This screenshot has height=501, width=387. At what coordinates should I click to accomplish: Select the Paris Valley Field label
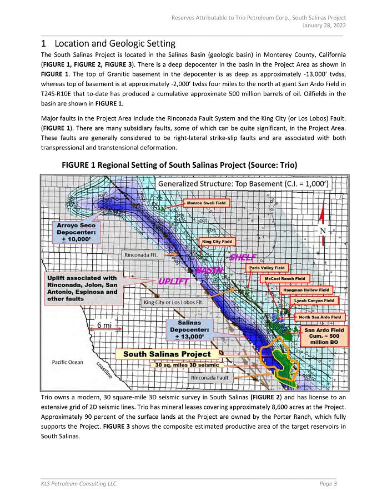click(x=267, y=268)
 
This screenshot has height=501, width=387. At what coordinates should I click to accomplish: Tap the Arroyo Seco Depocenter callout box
click(x=76, y=232)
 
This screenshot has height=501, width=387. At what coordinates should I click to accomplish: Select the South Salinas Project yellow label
click(x=167, y=354)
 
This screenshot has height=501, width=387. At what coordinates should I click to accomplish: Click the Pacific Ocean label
click(x=67, y=362)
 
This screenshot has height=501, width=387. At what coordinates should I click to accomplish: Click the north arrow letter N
click(x=323, y=230)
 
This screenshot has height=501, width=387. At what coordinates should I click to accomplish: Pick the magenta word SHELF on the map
click(x=242, y=258)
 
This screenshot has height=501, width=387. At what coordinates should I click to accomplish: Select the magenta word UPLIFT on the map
click(x=174, y=281)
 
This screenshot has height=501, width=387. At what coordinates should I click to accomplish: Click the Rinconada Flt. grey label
click(x=142, y=255)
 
